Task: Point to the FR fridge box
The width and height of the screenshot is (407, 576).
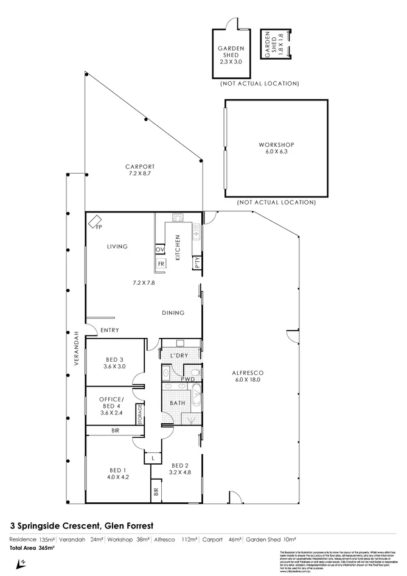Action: coord(161,264)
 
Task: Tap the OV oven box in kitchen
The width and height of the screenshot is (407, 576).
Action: coord(160,250)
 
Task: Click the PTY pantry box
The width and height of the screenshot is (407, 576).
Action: coord(197,262)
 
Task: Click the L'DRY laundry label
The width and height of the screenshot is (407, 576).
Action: coord(178,355)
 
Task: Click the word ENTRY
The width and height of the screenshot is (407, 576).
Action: coord(109,331)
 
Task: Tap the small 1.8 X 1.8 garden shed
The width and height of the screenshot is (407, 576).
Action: coord(275,44)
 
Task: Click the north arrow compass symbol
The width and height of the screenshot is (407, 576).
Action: coord(22,563)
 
